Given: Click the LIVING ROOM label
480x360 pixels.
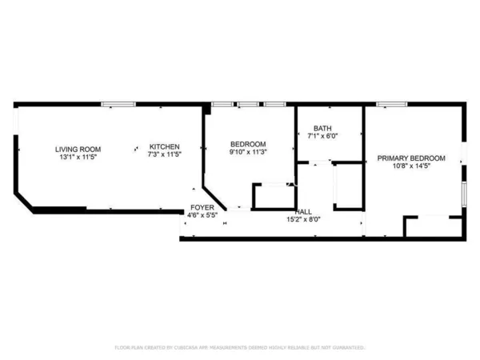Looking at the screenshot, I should click(x=78, y=148).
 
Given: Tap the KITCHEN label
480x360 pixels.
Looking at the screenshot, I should click(x=165, y=147).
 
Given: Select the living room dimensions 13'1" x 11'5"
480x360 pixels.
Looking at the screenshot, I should click(x=78, y=157).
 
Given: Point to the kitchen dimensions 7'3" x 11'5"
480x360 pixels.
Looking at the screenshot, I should click(x=165, y=156).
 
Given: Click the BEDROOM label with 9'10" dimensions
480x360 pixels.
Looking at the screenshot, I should click(x=248, y=144).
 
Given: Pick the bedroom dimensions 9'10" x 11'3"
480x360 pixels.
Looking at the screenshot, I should click(x=248, y=152).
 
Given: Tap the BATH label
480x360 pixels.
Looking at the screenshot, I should click(x=322, y=128).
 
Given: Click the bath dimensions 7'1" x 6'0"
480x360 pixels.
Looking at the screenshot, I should click(x=322, y=136).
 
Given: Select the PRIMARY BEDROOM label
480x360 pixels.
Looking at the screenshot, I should click(x=411, y=158).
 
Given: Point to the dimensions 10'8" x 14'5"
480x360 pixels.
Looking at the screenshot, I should click(x=411, y=167).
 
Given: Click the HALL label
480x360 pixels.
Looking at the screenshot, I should click(x=304, y=211).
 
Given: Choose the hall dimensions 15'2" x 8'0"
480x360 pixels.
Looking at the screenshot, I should click(x=304, y=219).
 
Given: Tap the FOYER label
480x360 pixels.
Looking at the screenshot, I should click(x=202, y=207).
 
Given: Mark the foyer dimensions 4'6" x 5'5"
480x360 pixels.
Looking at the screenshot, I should click(x=202, y=215).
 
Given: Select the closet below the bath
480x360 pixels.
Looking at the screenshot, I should click(x=348, y=186).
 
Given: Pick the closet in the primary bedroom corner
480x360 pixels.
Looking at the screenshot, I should click(x=433, y=226).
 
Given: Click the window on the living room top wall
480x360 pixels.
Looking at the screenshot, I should click(x=122, y=103).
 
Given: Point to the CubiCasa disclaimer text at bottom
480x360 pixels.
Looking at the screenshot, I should click(x=240, y=348).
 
